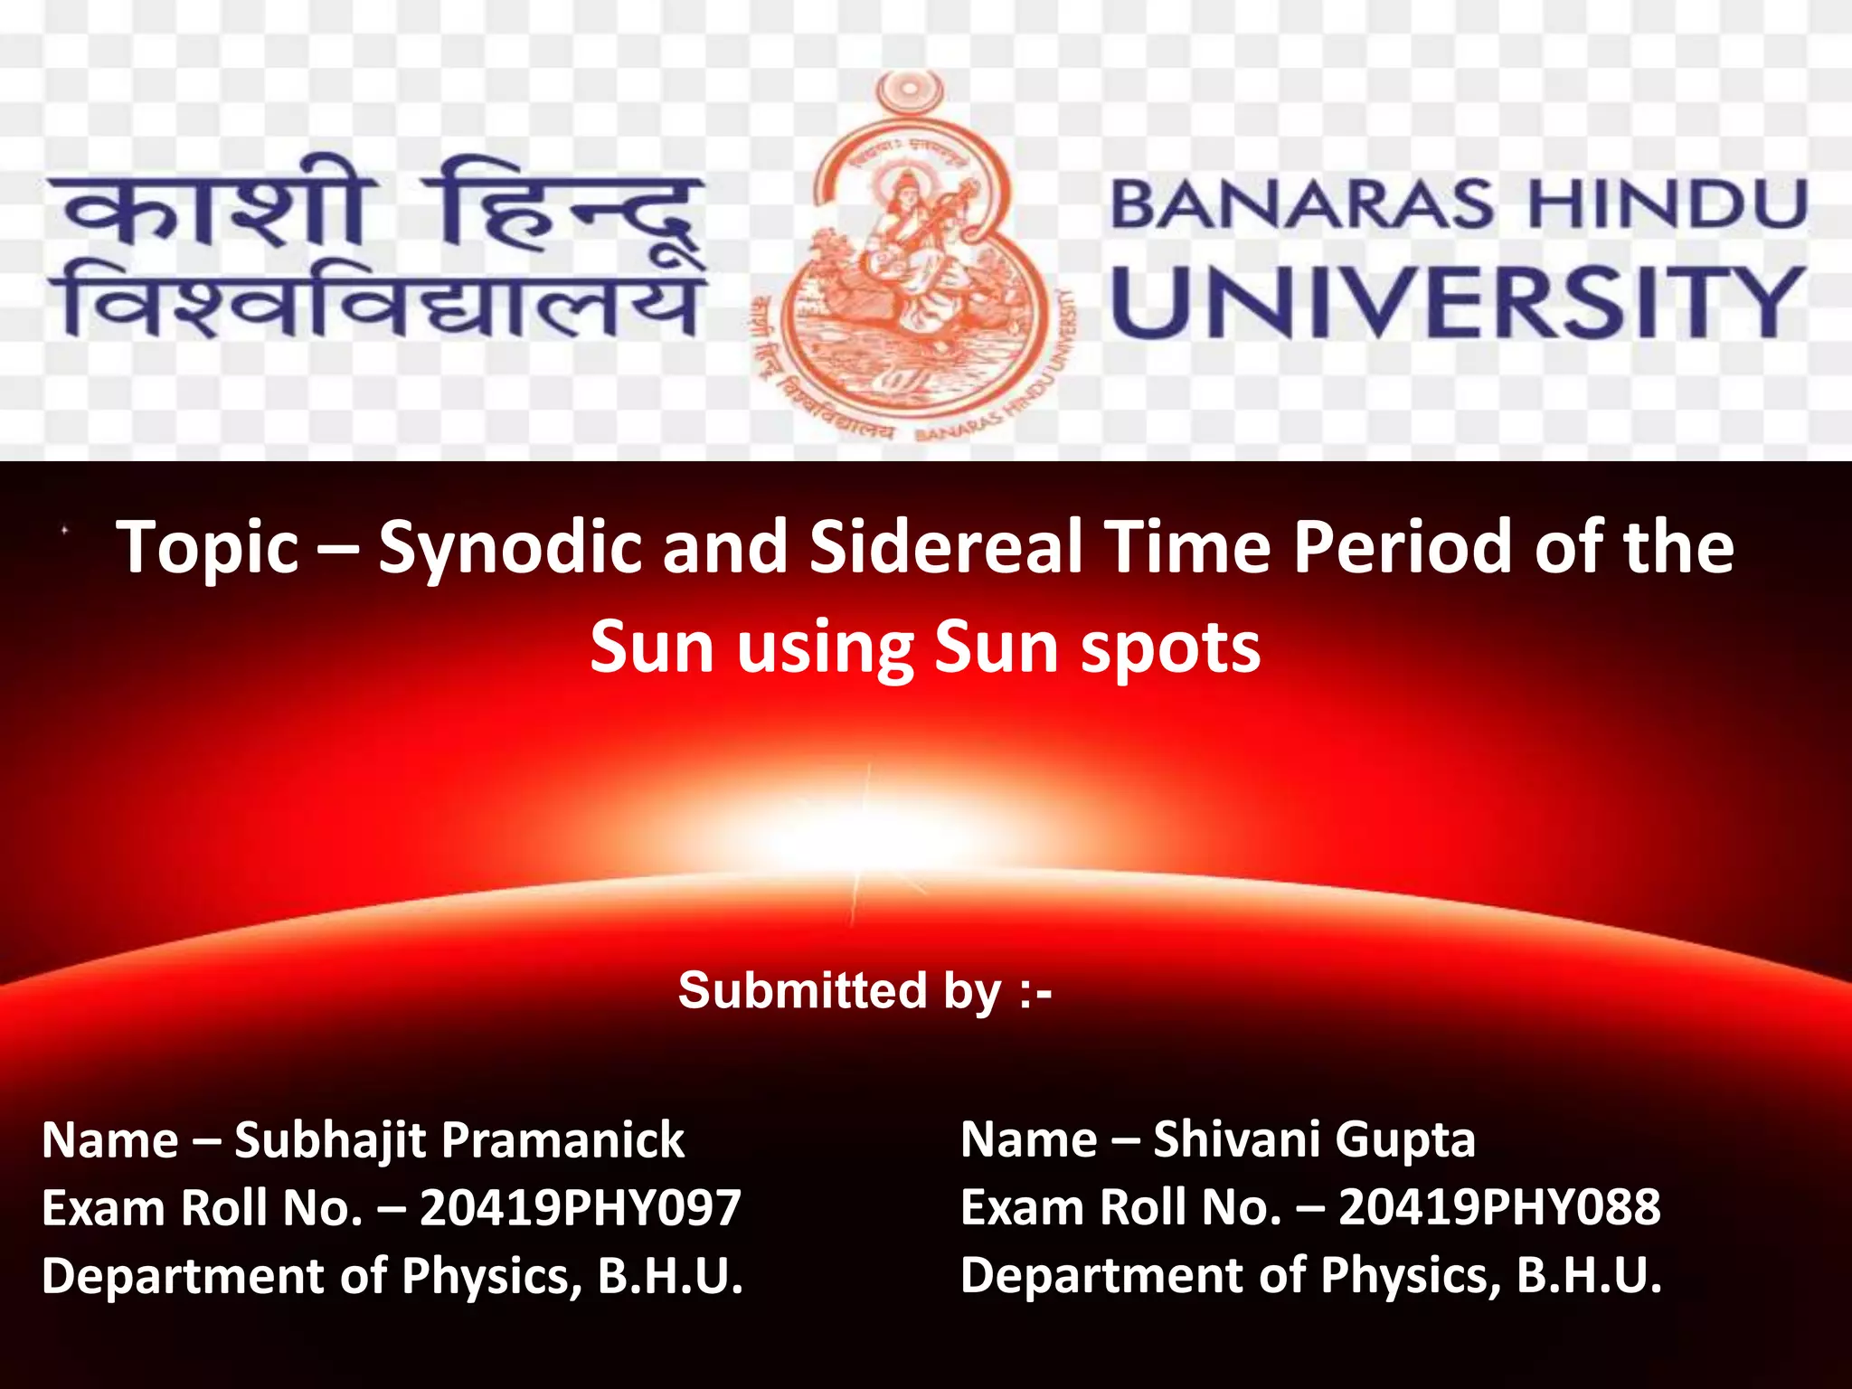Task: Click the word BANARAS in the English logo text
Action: pyautogui.click(x=1302, y=204)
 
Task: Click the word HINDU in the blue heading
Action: pyautogui.click(x=1667, y=204)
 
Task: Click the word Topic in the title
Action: pyautogui.click(x=208, y=548)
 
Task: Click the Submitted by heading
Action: pyautogui.click(x=865, y=990)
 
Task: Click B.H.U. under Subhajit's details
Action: pyautogui.click(x=670, y=1276)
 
